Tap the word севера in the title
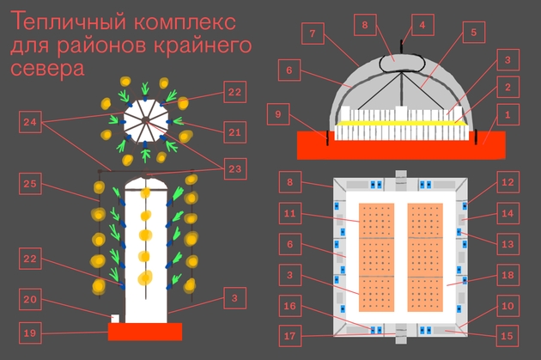(x=47, y=69)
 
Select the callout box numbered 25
(x=30, y=184)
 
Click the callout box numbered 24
(x=30, y=122)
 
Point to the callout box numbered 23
(x=235, y=168)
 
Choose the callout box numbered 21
(x=235, y=132)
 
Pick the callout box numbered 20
(x=30, y=299)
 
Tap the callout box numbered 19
(x=30, y=333)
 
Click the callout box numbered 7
(x=313, y=34)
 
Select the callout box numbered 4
(x=422, y=25)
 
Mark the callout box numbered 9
(x=278, y=114)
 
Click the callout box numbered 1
(x=508, y=115)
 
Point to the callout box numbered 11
(x=290, y=213)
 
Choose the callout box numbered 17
(x=290, y=336)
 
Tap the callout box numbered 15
(x=508, y=336)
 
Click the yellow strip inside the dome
(x=401, y=123)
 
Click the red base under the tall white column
(x=145, y=332)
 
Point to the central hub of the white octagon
(x=144, y=119)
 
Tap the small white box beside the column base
(x=115, y=319)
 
